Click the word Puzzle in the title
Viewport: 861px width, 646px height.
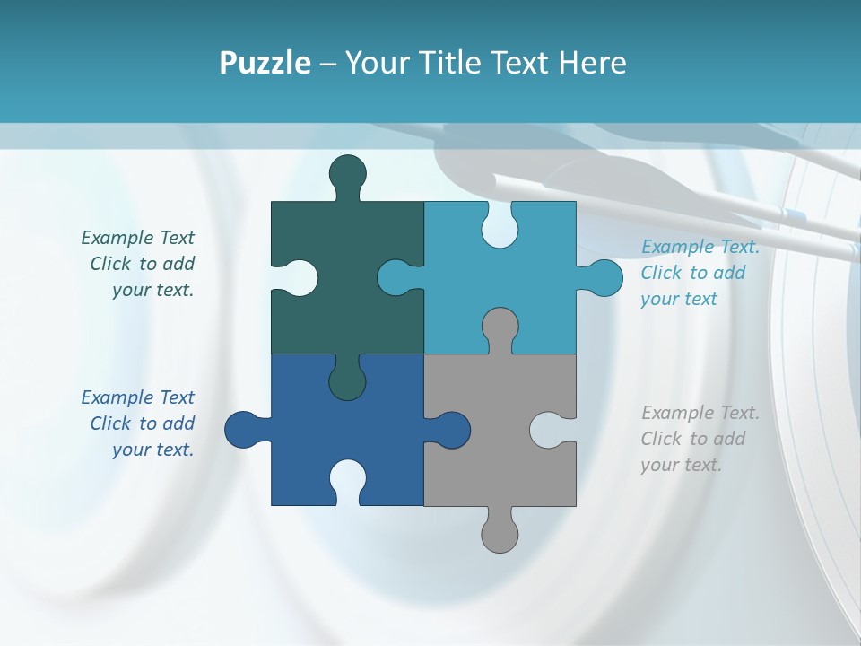[265, 63]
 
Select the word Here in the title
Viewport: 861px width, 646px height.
[592, 63]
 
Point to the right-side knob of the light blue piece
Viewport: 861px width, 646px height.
[604, 277]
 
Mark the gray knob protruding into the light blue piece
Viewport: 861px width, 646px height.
[500, 327]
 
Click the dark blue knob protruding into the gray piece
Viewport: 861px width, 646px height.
[450, 430]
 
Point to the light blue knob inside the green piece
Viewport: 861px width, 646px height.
[396, 277]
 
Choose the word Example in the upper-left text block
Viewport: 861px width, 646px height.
[117, 238]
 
